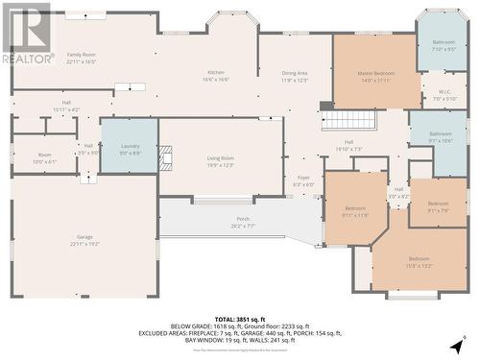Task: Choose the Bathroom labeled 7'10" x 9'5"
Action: [x=444, y=45]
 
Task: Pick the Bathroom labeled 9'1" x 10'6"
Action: [x=441, y=136]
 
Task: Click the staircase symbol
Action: [x=348, y=120]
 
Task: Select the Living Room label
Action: [x=221, y=160]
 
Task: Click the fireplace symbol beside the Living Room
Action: [x=164, y=158]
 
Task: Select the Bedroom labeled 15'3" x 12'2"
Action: [x=419, y=261]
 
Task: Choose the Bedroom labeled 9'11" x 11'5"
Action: [x=355, y=211]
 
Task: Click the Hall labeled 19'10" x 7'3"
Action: [x=348, y=145]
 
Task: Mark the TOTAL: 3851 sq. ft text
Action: [x=239, y=319]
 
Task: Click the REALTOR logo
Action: [x=26, y=35]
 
